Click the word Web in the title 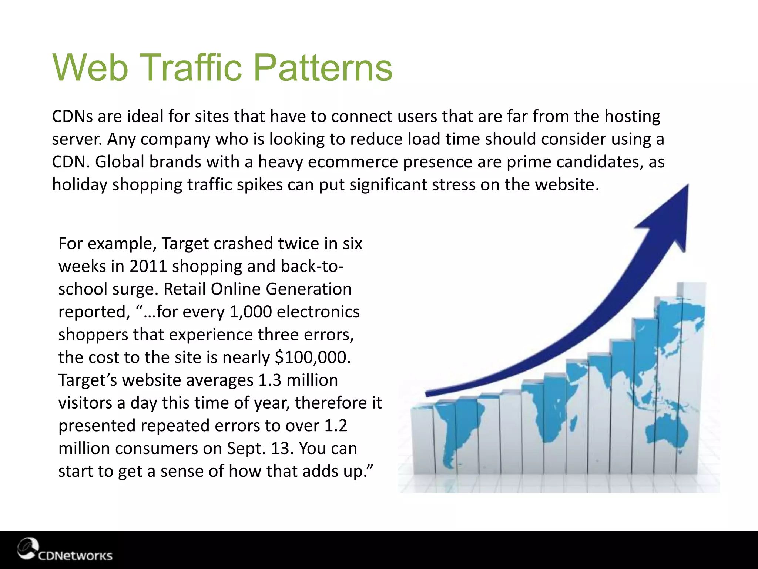point(90,68)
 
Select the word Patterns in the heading point(323,68)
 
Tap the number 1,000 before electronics point(251,312)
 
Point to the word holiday point(79,185)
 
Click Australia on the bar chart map point(666,433)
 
